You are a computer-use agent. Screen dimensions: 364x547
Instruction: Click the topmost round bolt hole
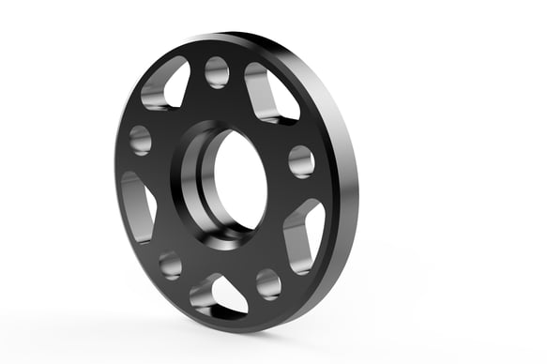pyautogui.click(x=217, y=71)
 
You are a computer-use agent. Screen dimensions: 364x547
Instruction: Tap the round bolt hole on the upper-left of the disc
pyautogui.click(x=141, y=140)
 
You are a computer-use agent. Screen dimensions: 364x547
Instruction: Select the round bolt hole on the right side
pyautogui.click(x=301, y=160)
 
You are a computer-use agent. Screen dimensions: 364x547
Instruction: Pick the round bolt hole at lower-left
pyautogui.click(x=170, y=264)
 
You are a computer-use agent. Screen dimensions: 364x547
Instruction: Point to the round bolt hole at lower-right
pyautogui.click(x=268, y=282)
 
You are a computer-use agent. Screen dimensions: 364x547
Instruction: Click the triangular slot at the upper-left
pyautogui.click(x=165, y=84)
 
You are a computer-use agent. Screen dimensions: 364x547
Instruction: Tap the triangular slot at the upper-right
pyautogui.click(x=271, y=93)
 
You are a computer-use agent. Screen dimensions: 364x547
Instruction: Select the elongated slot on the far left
pyautogui.click(x=136, y=205)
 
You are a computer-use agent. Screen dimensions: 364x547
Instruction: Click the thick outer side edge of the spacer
pyautogui.click(x=345, y=188)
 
